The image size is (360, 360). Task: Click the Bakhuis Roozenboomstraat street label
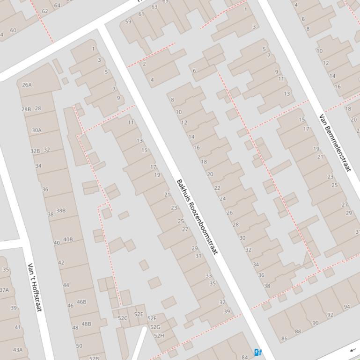coord(197,216)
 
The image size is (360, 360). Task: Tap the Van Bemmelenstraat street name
coord(335,142)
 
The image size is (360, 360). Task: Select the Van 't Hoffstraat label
coord(35,287)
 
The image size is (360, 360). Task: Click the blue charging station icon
coord(257,352)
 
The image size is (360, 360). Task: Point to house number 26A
coord(27,85)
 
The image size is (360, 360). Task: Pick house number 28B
coord(26,109)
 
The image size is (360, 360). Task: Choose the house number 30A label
coord(36,130)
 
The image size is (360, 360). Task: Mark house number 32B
coord(35,151)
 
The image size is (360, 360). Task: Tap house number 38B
coord(61,210)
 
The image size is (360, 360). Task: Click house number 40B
coord(68,239)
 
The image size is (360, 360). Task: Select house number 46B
coord(81,302)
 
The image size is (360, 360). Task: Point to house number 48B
coord(86,324)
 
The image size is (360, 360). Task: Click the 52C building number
coord(123,318)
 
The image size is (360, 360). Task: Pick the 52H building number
coord(159,335)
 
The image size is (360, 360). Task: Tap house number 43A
coord(17,349)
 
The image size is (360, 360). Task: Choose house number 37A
coord(4,290)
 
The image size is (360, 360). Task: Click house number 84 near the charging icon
coord(244,357)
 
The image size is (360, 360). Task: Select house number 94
coord(346,307)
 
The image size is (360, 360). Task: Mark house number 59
coord(128,22)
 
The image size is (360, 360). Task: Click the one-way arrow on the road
coord(352,350)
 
